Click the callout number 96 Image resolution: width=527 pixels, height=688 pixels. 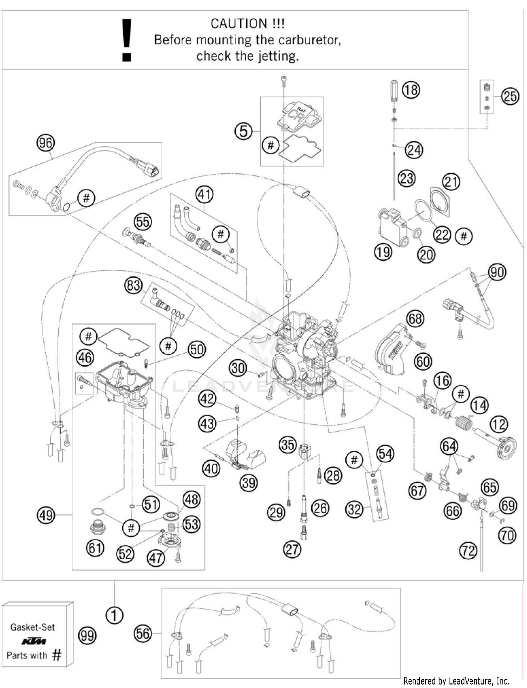46,143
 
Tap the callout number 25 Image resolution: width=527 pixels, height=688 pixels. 510,96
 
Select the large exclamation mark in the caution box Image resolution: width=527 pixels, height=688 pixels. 126,40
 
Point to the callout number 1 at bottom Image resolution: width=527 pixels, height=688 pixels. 115,616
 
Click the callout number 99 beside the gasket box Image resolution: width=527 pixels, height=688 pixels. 87,636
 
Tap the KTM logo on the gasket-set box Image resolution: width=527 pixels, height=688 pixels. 33,642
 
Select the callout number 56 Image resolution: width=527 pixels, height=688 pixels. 143,634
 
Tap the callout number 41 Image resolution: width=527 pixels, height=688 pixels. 204,194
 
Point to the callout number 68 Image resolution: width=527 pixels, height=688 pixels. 415,319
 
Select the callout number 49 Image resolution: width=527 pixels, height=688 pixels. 46,515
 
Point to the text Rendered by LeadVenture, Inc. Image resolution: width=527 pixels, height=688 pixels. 456,681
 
